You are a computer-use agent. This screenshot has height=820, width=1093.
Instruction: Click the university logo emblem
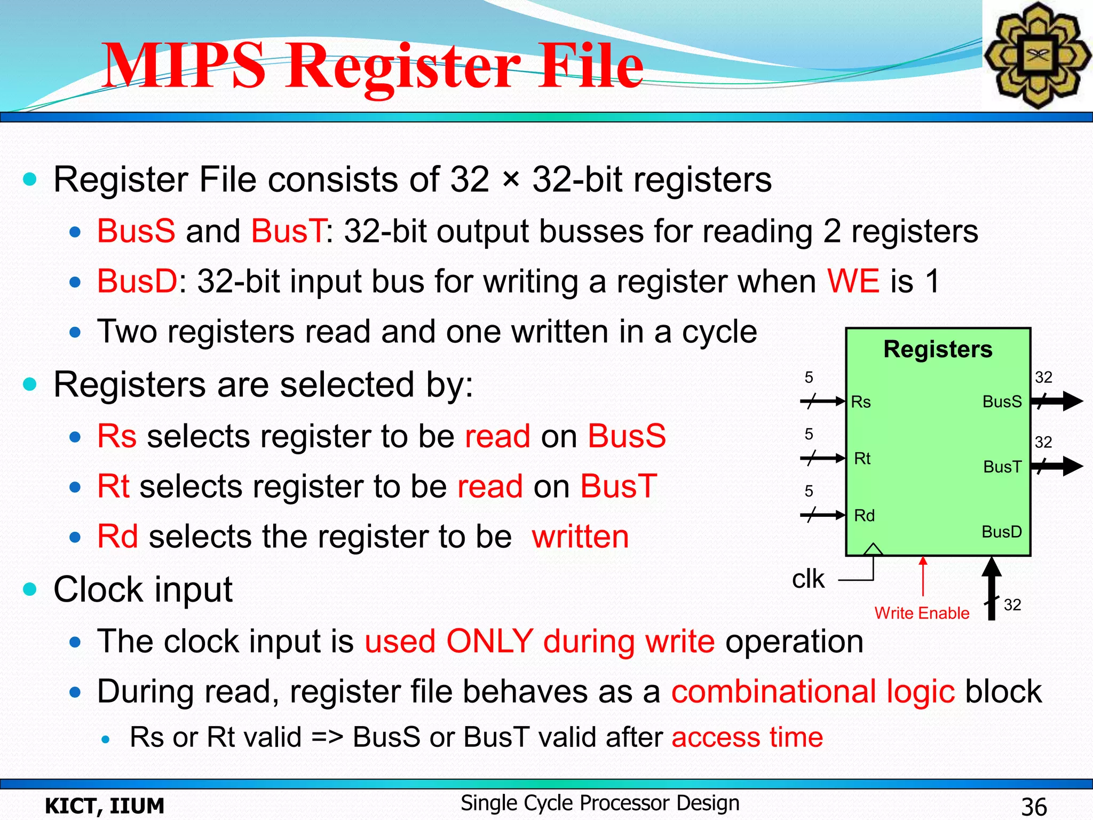tap(1037, 55)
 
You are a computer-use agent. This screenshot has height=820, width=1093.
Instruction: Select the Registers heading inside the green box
tap(938, 349)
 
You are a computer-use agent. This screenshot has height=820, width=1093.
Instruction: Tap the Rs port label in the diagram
tap(860, 402)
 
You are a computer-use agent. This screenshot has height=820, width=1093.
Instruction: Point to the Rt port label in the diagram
tap(862, 459)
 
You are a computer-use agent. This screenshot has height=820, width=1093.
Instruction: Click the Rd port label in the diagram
tap(864, 516)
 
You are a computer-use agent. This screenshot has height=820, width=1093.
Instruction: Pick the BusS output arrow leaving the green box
tap(1059, 401)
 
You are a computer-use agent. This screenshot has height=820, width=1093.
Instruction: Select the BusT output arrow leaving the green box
tap(1059, 466)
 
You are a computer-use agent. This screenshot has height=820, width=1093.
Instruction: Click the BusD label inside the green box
tap(1001, 532)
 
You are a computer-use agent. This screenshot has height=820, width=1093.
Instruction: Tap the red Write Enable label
tap(922, 613)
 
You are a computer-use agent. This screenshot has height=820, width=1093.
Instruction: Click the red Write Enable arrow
tap(923, 577)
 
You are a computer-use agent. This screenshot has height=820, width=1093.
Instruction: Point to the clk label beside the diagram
tap(808, 579)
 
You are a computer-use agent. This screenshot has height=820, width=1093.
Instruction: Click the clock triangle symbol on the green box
tap(873, 549)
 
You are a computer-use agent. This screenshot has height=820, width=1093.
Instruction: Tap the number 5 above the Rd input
tap(809, 491)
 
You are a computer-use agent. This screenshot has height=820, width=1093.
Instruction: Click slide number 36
tap(1034, 807)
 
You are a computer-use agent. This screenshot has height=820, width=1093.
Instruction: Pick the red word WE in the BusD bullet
tap(853, 281)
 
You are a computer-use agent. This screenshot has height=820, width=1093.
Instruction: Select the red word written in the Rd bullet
tap(580, 537)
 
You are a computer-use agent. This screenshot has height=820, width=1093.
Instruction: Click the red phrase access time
tap(747, 737)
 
